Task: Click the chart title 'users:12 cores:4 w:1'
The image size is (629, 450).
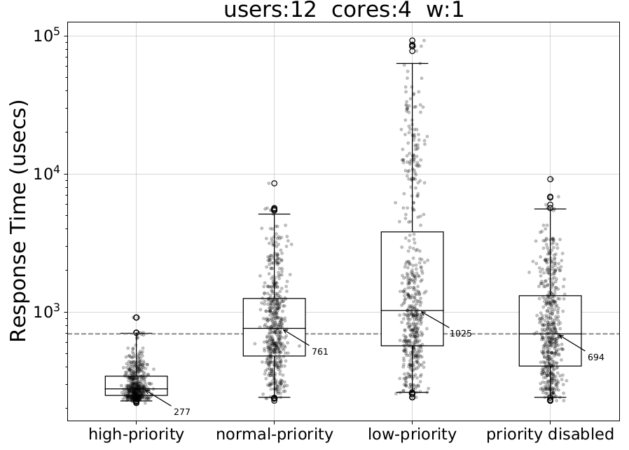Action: (x=343, y=11)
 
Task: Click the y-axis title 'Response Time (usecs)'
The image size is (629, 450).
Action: (x=20, y=221)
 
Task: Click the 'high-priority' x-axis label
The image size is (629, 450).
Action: (x=136, y=435)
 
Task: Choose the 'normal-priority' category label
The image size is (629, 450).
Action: (x=274, y=435)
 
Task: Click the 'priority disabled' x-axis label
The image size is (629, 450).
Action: (x=550, y=435)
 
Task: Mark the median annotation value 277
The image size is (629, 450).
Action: (x=182, y=412)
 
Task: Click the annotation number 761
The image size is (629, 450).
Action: (x=320, y=352)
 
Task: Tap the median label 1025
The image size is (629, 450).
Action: (x=460, y=334)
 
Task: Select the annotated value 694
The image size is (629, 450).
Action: (x=595, y=357)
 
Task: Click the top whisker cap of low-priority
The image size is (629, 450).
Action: (x=412, y=64)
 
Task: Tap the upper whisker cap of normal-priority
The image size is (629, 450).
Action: (x=274, y=214)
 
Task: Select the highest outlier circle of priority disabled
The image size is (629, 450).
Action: (x=550, y=179)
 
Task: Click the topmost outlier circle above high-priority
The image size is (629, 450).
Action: (x=136, y=318)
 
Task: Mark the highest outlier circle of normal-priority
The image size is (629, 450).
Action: (x=274, y=183)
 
